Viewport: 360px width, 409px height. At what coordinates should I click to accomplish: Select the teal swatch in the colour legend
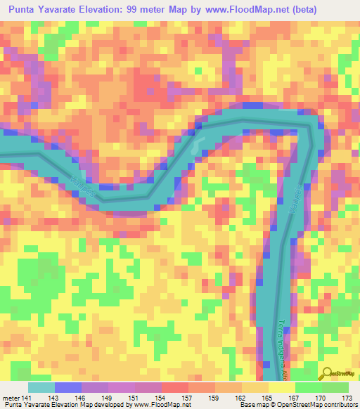pyautogui.click(x=41, y=387)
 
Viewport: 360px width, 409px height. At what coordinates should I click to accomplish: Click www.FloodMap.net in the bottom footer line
pyautogui.click(x=162, y=405)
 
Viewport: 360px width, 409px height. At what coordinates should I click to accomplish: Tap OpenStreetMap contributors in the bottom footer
pyautogui.click(x=312, y=405)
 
